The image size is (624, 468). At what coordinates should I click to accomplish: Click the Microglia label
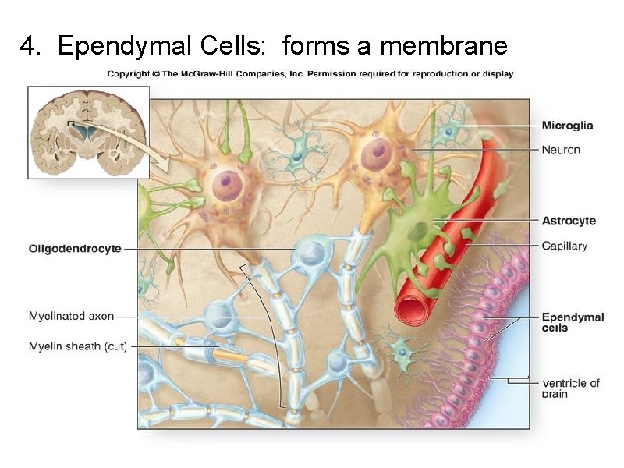coord(567,125)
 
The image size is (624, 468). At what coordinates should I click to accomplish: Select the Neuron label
coord(561,149)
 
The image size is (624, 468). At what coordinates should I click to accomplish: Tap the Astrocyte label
coord(569,221)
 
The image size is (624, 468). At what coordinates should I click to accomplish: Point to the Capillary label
coord(565,246)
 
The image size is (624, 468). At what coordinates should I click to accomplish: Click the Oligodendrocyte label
coord(75,249)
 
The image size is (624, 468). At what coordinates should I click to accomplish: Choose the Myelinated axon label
coord(71,316)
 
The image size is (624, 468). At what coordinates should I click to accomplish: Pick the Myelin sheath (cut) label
coord(77,346)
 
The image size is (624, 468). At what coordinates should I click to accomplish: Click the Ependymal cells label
coord(573,322)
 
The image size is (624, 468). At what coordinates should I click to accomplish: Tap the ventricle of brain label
coord(570,388)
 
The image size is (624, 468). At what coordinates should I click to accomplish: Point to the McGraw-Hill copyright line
coord(310,74)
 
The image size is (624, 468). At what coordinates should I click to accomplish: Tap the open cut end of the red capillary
coord(411,307)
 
